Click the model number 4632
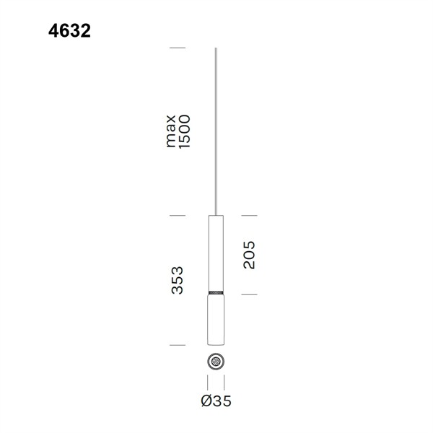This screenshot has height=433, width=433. point(69,30)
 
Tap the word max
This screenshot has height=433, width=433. point(170,131)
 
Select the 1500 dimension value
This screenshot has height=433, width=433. point(185,132)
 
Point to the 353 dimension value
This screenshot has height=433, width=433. point(178,280)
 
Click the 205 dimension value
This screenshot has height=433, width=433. point(249,255)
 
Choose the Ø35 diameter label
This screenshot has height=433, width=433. point(216,401)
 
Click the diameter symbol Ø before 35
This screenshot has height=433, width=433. point(206,401)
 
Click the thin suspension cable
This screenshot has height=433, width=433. point(216,131)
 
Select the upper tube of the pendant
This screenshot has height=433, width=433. point(216,253)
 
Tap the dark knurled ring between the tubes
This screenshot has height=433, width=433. point(216,292)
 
